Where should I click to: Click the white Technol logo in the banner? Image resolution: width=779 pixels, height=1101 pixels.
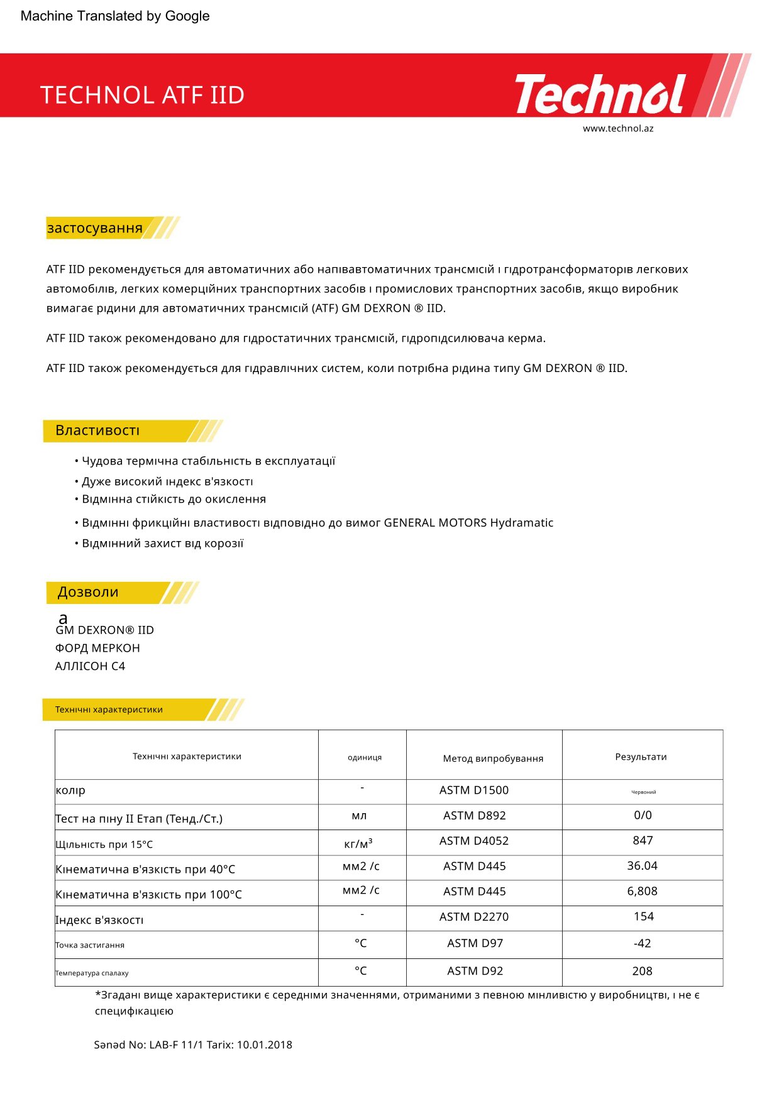point(600,94)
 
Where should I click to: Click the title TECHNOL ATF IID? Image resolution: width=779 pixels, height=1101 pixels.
point(142,96)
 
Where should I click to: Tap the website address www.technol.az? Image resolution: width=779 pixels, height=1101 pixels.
point(618,129)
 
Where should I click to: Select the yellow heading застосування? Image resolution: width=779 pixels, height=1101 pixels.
point(95,228)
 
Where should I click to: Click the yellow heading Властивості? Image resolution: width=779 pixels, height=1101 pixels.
point(97,430)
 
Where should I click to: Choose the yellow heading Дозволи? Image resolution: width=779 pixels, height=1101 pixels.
point(88,592)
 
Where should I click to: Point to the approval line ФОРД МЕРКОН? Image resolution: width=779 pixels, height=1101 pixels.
point(97,648)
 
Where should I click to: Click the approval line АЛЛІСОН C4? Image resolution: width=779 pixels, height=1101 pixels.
point(90,666)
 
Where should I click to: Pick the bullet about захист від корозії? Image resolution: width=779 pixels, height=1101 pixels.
point(162,544)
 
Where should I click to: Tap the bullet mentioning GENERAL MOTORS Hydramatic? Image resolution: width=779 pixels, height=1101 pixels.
point(318,523)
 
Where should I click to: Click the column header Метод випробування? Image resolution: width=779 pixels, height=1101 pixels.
point(493,759)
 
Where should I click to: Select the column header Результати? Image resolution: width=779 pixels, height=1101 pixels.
point(641,757)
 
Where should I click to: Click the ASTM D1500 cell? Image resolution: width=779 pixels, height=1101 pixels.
point(474,791)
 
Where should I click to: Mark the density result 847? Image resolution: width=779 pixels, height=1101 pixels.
point(643,841)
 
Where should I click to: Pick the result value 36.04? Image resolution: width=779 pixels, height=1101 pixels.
point(642,866)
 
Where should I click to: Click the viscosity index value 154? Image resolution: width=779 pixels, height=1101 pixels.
point(643,917)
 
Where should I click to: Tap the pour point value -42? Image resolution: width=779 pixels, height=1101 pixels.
point(642,943)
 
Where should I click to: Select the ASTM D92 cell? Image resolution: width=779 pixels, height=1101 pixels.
point(475,971)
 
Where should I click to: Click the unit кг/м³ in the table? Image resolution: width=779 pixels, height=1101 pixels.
point(358,843)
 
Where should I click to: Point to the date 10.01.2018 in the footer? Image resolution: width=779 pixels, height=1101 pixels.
point(264,1045)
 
